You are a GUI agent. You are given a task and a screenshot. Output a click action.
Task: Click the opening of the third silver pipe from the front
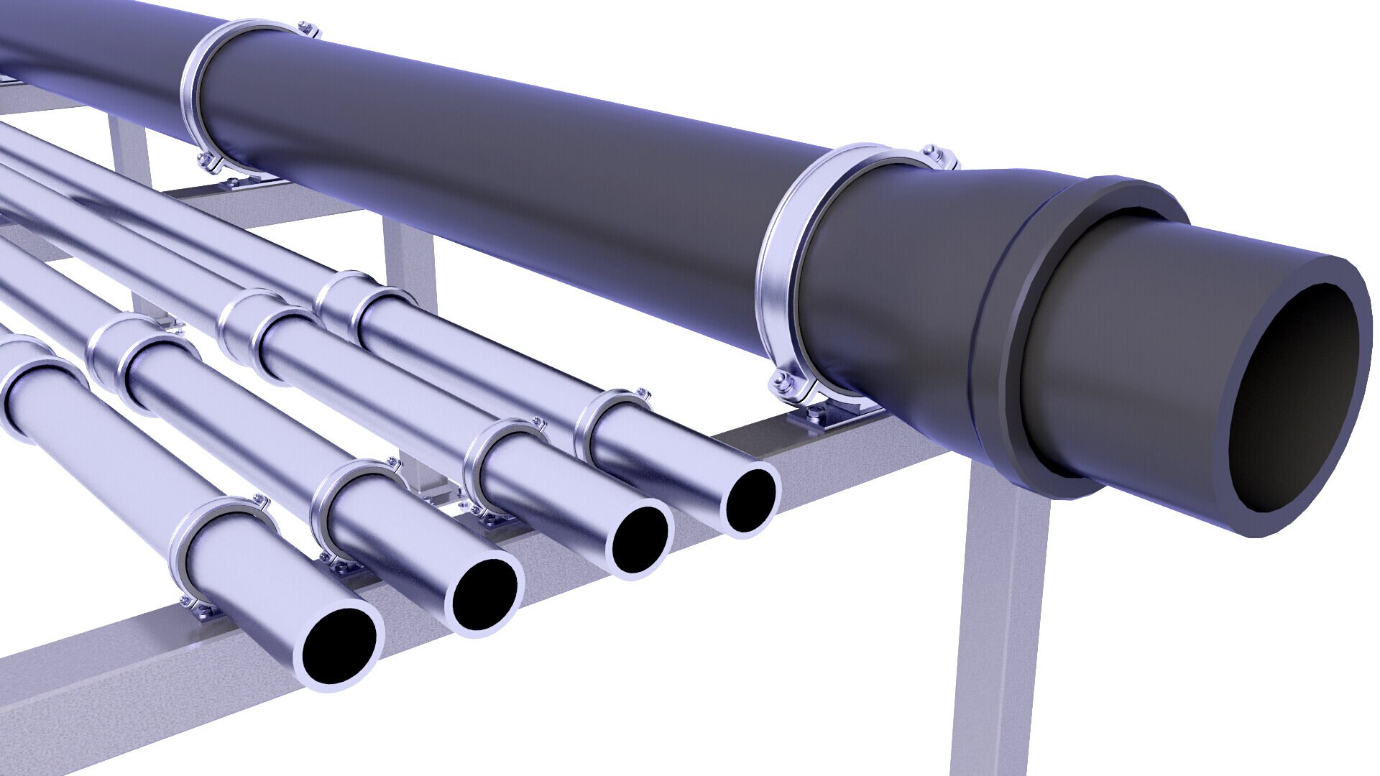coord(640,539)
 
